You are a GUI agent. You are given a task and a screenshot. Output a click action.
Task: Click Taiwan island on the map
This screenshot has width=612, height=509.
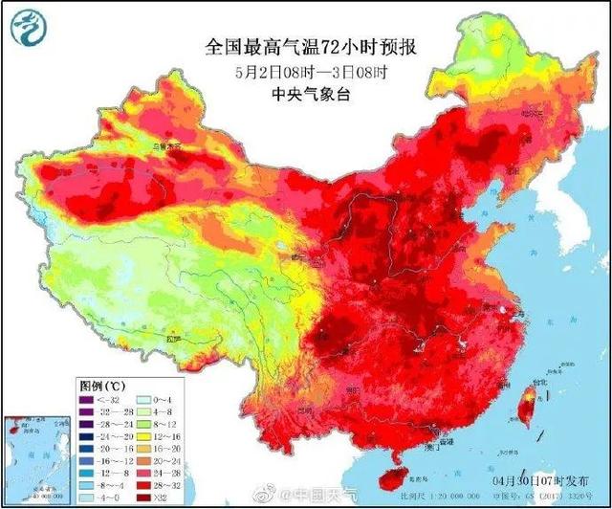click(524, 402)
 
